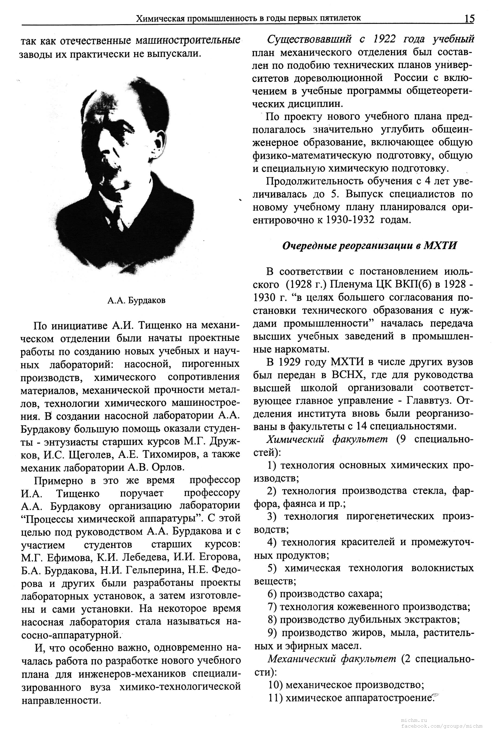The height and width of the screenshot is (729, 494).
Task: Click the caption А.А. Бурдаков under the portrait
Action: pyautogui.click(x=136, y=300)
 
